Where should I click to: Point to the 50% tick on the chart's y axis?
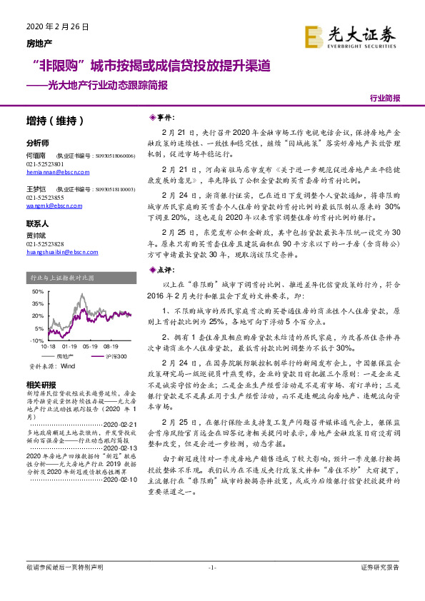pyautogui.click(x=37, y=293)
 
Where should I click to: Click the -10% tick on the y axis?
pyautogui.click(x=36, y=341)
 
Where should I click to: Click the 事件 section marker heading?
pyautogui.click(x=161, y=116)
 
